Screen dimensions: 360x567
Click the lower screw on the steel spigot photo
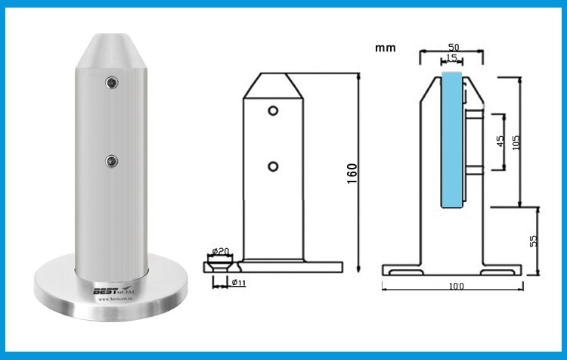pos(112,160)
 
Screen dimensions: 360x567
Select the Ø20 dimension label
pos(220,251)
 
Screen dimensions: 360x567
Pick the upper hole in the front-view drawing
pos(272,111)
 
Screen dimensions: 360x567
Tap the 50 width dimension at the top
pos(451,46)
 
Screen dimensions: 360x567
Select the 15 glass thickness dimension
pos(451,58)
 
